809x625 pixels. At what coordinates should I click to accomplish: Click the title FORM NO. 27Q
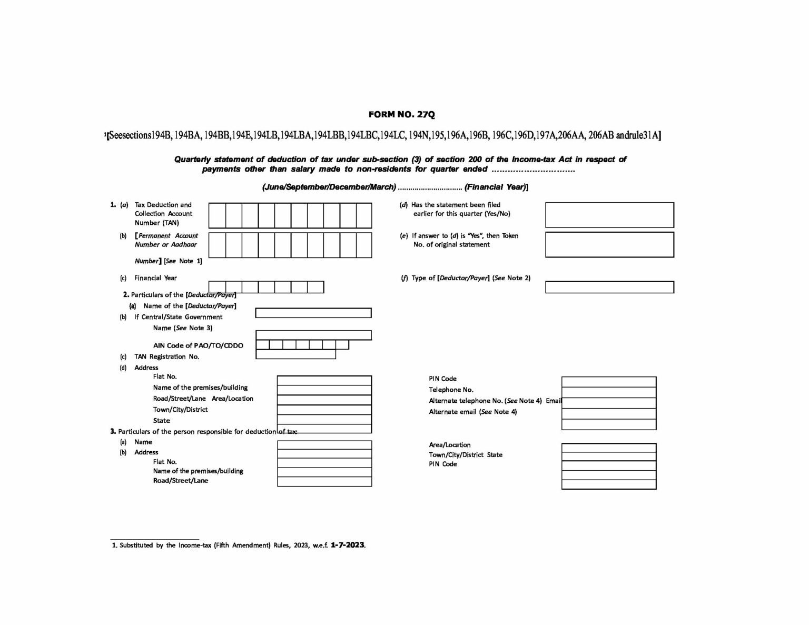tap(402, 114)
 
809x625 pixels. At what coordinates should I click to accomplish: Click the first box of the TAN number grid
tap(217, 215)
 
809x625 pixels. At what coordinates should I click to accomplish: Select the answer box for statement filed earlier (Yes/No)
tap(609, 215)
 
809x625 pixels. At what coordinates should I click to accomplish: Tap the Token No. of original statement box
tap(609, 244)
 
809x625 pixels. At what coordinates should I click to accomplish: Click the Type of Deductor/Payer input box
tap(609, 287)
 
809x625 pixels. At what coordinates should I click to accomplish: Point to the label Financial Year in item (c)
tap(155, 278)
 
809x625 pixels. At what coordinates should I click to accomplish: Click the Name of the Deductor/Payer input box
tap(313, 313)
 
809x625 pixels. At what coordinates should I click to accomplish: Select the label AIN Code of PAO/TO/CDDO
tap(198, 345)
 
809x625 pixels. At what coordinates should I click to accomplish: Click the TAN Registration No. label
tap(166, 356)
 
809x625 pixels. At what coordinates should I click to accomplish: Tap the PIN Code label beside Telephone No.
tap(442, 379)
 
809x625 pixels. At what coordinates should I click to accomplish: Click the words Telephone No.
tap(451, 390)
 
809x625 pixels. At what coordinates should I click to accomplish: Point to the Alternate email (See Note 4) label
tap(472, 412)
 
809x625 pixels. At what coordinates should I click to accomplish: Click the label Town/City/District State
tap(466, 454)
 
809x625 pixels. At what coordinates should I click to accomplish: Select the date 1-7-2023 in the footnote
tap(348, 545)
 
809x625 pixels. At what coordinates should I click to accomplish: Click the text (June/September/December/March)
tap(329, 187)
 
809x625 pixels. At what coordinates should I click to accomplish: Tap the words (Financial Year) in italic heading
tap(495, 187)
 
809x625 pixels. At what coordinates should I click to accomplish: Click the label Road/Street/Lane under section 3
tap(181, 481)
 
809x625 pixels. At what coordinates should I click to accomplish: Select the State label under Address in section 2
tap(161, 421)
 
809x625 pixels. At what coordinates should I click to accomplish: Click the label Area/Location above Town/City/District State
tap(450, 445)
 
